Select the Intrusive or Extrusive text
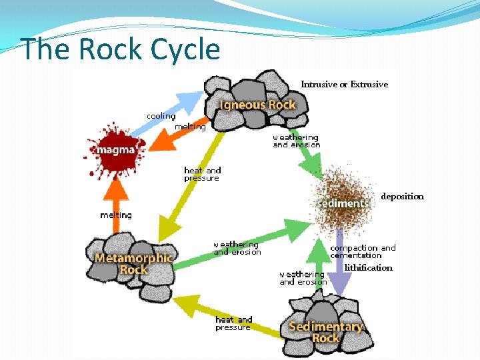pyautogui.click(x=344, y=84)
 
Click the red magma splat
pyautogui.click(x=115, y=149)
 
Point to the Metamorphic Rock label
pyautogui.click(x=134, y=263)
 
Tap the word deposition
pyautogui.click(x=402, y=197)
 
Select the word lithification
pyautogui.click(x=369, y=267)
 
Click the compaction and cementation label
pyautogui.click(x=363, y=251)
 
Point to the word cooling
pyautogui.click(x=161, y=116)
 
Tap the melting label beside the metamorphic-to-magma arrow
pyautogui.click(x=115, y=215)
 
